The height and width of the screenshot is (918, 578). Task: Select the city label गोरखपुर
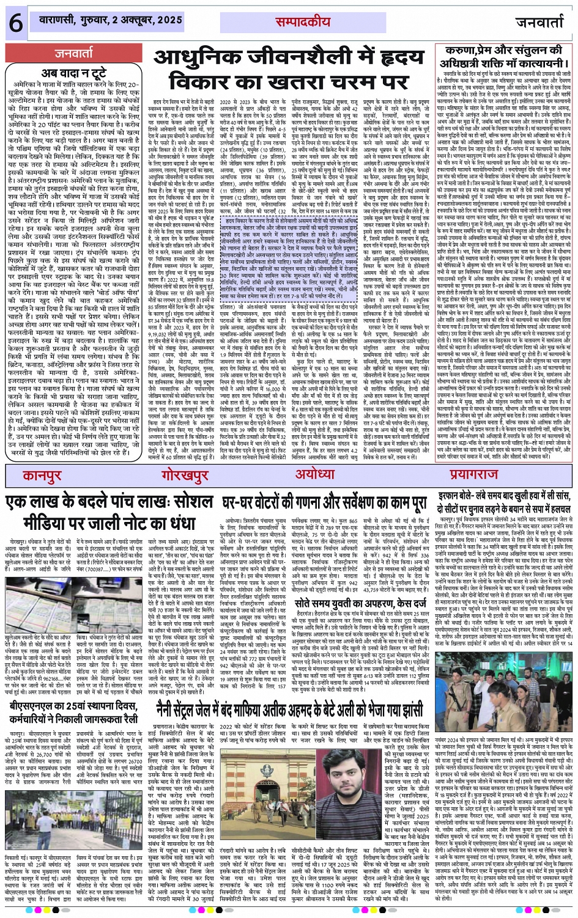pos(183,476)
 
